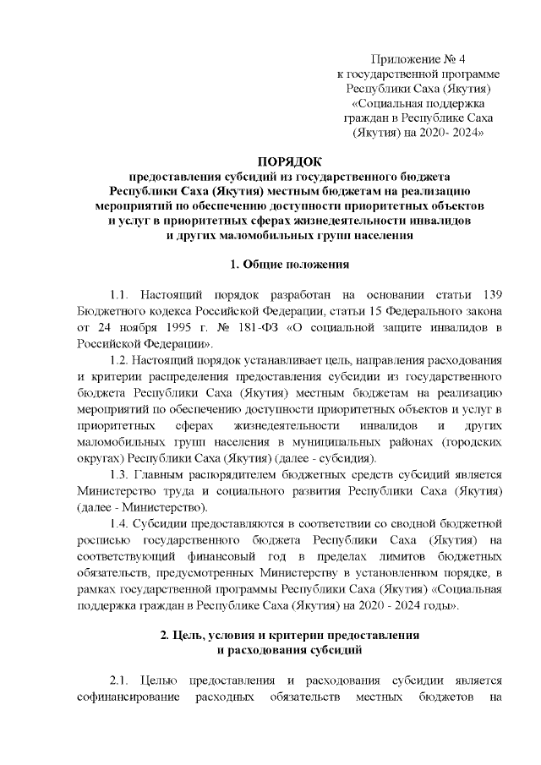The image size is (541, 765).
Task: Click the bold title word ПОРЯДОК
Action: [289, 161]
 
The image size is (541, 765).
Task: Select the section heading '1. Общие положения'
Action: [289, 265]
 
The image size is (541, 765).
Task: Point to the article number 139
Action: [491, 294]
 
